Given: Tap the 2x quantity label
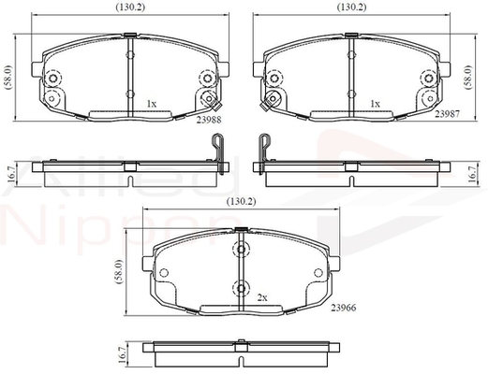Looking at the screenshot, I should pos(263,296).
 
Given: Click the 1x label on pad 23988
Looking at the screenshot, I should pos(152,103).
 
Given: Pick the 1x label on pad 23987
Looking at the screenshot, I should pos(375,103).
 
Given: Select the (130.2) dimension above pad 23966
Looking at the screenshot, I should pos(242,202).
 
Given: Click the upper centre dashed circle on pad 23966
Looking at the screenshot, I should pos(242,251).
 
